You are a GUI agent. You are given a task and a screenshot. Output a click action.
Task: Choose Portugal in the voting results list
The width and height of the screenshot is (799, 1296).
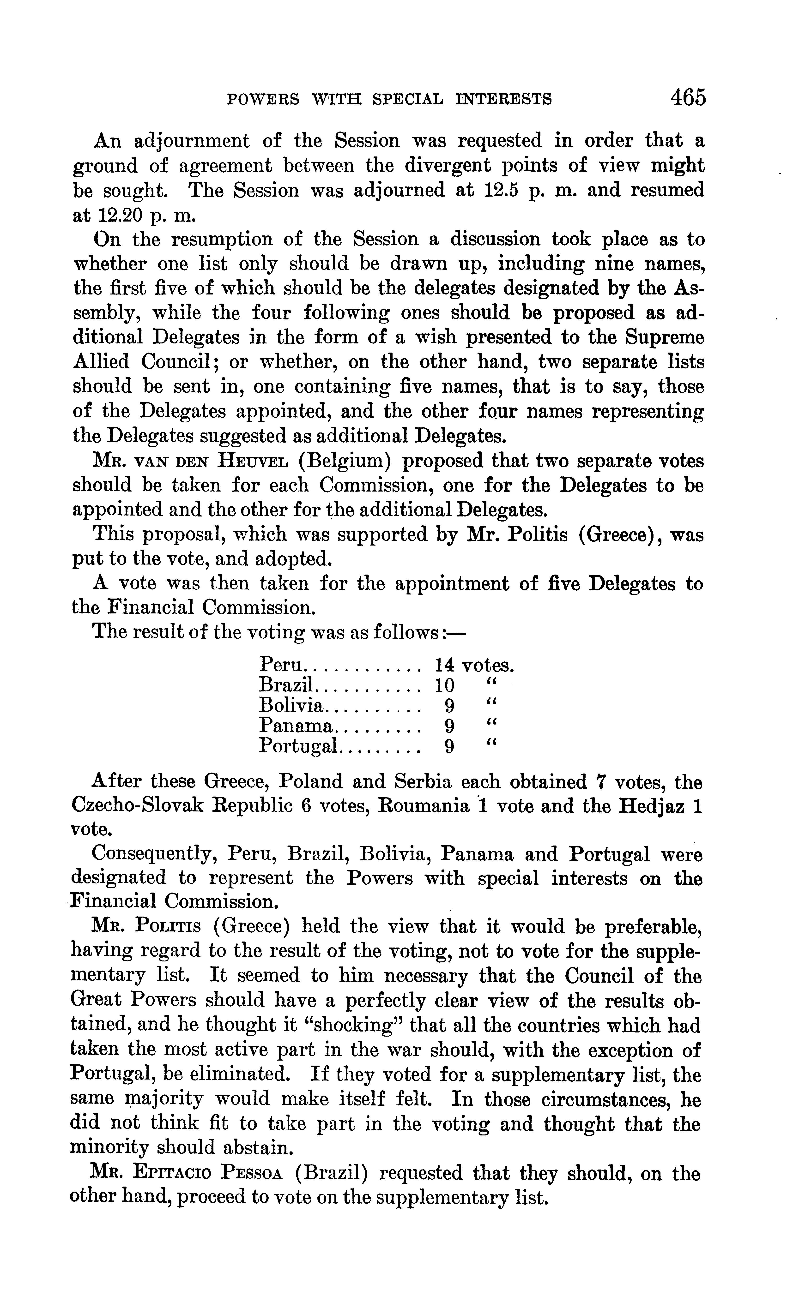(299, 747)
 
